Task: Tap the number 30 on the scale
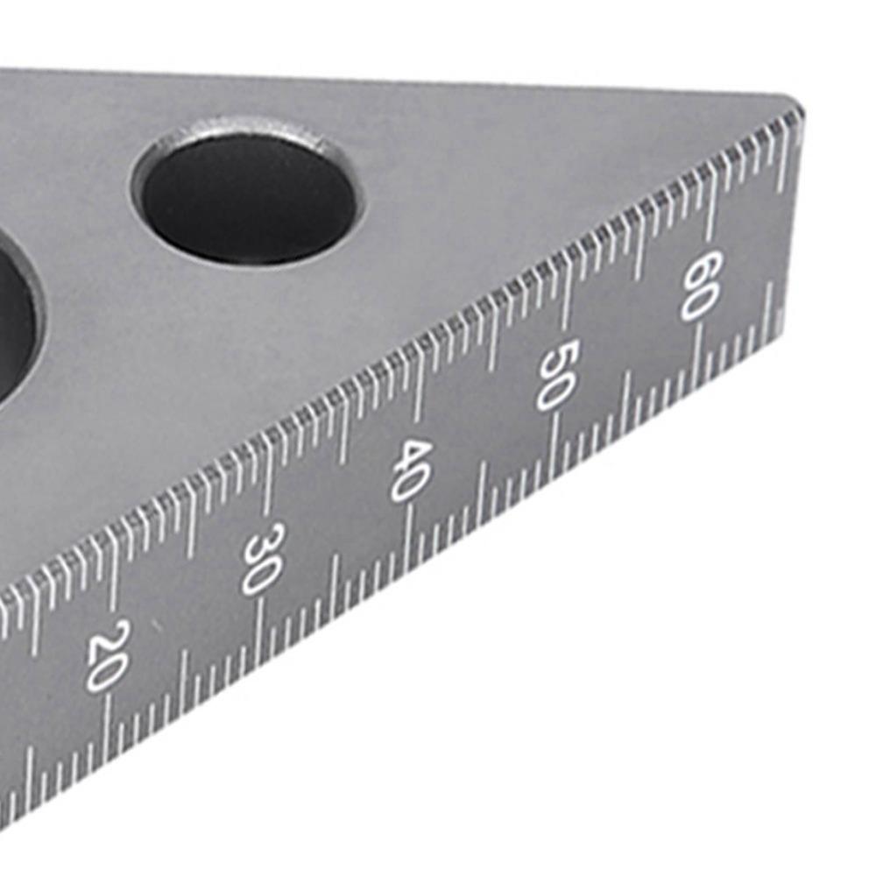[x=261, y=559]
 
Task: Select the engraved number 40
[x=411, y=470]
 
